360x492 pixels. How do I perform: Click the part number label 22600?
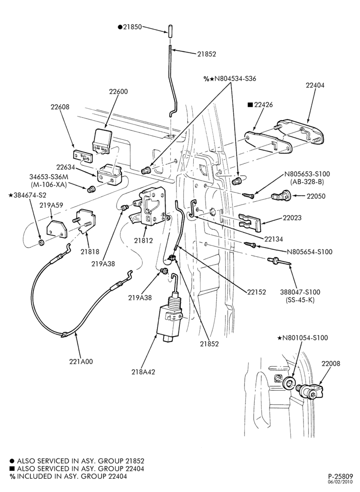(118, 92)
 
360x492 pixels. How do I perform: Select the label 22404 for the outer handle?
(315, 85)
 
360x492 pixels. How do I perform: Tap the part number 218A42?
(143, 372)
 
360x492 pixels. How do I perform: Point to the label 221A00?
(81, 362)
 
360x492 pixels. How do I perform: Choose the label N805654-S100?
(309, 251)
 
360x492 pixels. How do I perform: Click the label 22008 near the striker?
(330, 364)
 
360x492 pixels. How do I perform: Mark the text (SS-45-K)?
(300, 300)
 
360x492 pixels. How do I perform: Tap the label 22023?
(292, 217)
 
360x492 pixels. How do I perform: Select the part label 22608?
(60, 107)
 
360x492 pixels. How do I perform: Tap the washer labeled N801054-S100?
(289, 383)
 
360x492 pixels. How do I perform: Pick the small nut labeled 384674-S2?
(41, 243)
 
